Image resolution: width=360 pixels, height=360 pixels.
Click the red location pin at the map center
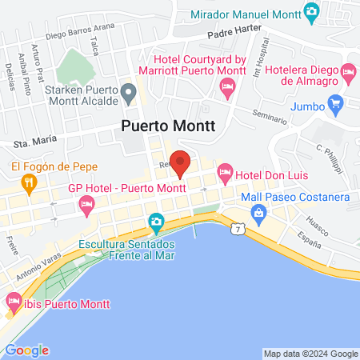point(181,163)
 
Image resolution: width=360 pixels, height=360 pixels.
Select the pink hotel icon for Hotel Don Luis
point(226,172)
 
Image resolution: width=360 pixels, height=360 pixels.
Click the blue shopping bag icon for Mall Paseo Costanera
point(258,212)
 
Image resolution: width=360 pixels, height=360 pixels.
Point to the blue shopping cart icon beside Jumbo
point(335,104)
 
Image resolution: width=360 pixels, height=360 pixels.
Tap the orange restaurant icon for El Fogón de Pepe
point(30,182)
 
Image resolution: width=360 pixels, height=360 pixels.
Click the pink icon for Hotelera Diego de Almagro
point(348,73)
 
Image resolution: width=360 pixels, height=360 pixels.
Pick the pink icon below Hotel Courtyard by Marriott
point(226,91)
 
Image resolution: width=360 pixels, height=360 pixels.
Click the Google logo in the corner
point(26,350)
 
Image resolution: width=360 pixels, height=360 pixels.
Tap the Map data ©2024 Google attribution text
point(311,354)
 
